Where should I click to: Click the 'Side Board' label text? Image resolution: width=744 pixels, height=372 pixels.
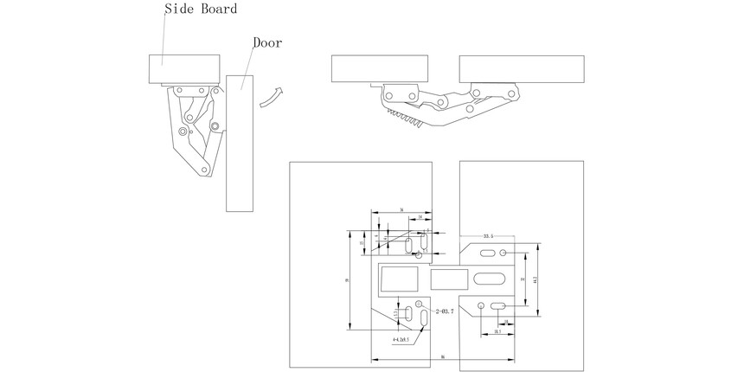[x=201, y=9]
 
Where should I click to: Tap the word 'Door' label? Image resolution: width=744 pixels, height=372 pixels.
[x=266, y=42]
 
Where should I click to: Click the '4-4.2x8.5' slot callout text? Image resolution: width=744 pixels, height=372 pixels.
[x=404, y=341]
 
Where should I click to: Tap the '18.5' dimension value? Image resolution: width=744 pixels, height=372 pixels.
[x=498, y=332]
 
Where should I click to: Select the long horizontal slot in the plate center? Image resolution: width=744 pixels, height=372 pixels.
[x=490, y=279]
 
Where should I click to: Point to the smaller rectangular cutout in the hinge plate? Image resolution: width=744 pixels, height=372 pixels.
[x=449, y=279]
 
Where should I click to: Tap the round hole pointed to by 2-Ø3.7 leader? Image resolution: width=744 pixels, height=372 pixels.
[x=419, y=304]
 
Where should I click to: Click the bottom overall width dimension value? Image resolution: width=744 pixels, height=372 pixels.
[x=442, y=356]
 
